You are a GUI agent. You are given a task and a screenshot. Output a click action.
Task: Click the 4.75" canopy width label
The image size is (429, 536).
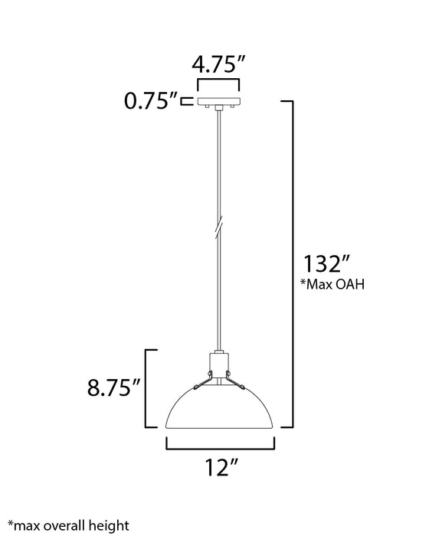click(219, 64)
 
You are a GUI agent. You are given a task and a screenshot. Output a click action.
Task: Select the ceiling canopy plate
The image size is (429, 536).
click(219, 101)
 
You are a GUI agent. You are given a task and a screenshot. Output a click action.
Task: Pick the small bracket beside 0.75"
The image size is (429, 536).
click(185, 100)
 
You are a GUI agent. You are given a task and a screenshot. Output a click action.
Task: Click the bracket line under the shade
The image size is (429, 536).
click(219, 447)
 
